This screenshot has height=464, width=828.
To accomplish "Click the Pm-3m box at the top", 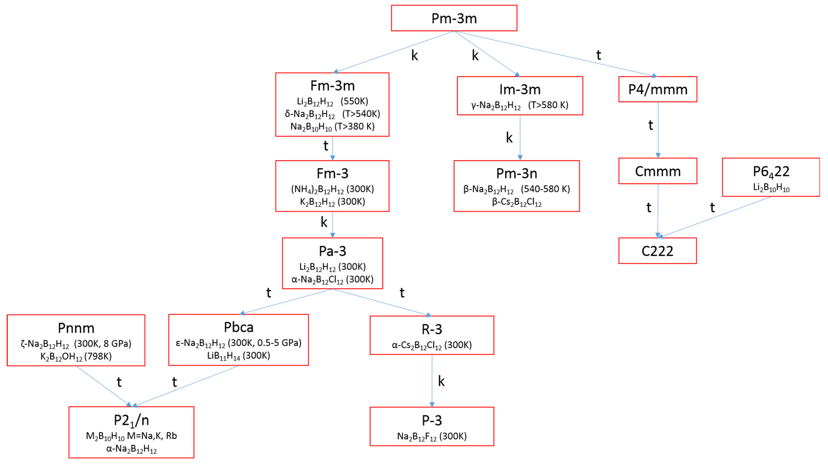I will pos(454,18).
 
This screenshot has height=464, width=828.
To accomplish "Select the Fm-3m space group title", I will pos(332,86).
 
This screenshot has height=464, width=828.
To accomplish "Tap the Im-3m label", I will pos(520,90).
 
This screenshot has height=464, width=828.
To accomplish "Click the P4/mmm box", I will pos(658,89).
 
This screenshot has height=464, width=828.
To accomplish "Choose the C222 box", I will pos(657,251).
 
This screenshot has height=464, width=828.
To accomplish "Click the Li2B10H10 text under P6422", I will pos(771,188).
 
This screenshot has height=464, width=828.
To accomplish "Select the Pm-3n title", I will pos(517,174).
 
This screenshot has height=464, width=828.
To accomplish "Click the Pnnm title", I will pos(76,328).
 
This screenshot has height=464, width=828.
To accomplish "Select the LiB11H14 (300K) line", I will pos(238,356).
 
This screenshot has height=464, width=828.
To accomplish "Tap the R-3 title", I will pos(432,329).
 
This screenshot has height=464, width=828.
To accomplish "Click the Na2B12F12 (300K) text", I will pos(432,436).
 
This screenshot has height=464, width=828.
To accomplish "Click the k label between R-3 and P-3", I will pos(441,381).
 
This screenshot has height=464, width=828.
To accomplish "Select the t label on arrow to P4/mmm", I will pos(598,55).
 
